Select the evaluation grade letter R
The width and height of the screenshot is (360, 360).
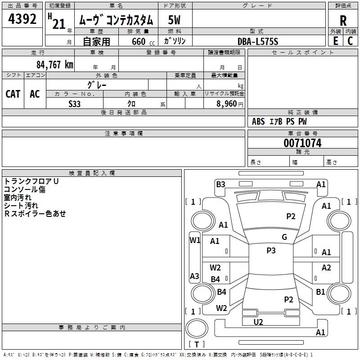pyautogui.click(x=343, y=21)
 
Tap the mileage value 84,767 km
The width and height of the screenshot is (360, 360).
pyautogui.click(x=55, y=64)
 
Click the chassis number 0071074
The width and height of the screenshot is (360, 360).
pyautogui.click(x=302, y=144)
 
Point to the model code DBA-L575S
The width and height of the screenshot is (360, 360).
pyautogui.click(x=258, y=41)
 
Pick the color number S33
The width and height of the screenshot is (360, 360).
pyautogui.click(x=75, y=103)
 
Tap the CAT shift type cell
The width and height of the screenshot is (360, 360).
pyautogui.click(x=13, y=94)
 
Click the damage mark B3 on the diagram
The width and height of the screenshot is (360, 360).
pyautogui.click(x=220, y=184)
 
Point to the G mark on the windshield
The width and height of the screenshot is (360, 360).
pyautogui.click(x=284, y=237)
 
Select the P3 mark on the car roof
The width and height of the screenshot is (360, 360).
pyautogui.click(x=271, y=251)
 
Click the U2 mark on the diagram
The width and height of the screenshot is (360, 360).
pyautogui.click(x=258, y=322)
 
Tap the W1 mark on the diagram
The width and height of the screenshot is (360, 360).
pyautogui.click(x=194, y=240)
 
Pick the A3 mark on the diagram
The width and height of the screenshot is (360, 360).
pyautogui.click(x=194, y=276)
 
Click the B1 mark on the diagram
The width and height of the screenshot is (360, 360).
pyautogui.click(x=320, y=292)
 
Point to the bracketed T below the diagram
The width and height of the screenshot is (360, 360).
pyautogui.click(x=197, y=344)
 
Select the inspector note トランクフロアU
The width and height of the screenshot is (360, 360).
pyautogui.click(x=31, y=181)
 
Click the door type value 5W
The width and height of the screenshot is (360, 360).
pyautogui.click(x=174, y=20)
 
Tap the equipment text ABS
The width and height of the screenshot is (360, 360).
pyautogui.click(x=258, y=121)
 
